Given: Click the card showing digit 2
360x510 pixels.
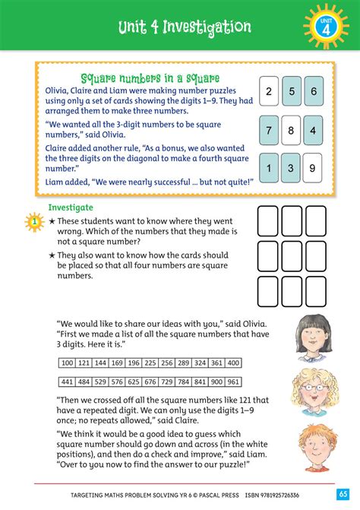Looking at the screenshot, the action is click(x=269, y=92).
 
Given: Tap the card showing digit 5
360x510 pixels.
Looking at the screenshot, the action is click(x=291, y=92).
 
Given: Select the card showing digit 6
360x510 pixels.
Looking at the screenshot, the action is click(x=312, y=92).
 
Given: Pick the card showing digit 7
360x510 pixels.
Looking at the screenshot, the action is click(x=269, y=130).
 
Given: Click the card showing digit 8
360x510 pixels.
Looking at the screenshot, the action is click(x=291, y=130).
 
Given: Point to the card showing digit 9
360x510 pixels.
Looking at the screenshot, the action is click(x=312, y=168).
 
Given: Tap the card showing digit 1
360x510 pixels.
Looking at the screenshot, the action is click(x=269, y=168).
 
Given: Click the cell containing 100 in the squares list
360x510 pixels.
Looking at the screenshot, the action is click(x=68, y=363).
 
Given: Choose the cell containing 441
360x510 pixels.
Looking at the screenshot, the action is click(x=68, y=382).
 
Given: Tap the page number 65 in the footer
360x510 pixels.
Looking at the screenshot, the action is click(x=343, y=493).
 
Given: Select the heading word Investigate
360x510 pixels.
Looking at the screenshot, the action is click(x=71, y=207).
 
